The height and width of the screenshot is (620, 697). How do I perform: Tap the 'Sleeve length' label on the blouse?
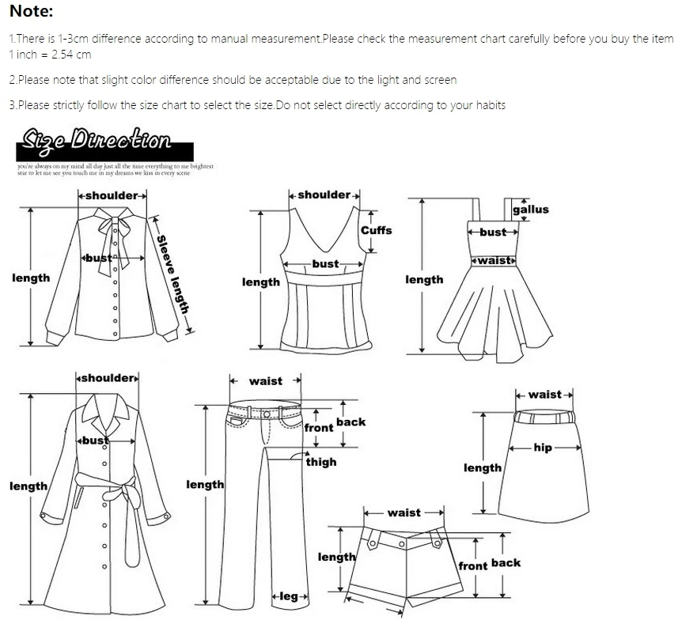172,274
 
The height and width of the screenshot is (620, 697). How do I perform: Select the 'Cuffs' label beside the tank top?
376,230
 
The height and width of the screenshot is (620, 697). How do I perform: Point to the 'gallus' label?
530,210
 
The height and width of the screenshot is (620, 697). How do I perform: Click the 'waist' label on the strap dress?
494,259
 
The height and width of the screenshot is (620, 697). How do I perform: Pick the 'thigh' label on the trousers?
321,462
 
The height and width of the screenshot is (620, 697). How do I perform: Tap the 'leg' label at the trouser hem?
289,596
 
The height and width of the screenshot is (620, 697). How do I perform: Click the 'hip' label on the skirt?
543,448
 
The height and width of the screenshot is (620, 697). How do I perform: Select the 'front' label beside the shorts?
473,566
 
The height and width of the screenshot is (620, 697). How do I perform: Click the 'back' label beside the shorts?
506,563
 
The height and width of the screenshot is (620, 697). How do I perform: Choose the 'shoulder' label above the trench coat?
108,378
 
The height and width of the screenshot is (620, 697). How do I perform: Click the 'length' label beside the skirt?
482,468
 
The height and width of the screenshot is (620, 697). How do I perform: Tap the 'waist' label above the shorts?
404,512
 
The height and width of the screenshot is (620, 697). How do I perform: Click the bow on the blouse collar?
111,230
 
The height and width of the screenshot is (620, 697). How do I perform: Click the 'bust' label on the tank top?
325,264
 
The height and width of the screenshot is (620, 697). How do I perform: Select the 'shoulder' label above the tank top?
324,195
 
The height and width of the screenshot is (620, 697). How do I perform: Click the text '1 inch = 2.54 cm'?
50,55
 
